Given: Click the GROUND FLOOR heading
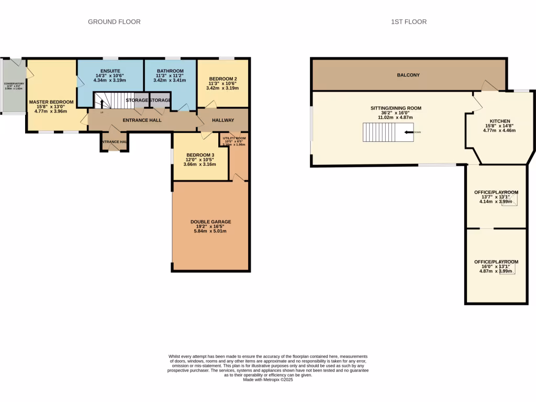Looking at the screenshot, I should (x=114, y=21).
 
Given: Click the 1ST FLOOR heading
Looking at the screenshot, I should (x=409, y=21).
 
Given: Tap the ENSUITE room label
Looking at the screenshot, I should (x=110, y=71).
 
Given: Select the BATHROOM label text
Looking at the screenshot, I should (x=170, y=71).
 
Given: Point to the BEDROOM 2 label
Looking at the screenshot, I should (x=223, y=79).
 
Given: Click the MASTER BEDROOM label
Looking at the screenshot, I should (x=51, y=102).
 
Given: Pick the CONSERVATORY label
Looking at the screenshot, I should (x=14, y=84).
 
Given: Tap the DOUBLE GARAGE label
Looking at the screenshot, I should (x=210, y=222).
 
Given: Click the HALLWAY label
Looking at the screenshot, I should (x=223, y=120).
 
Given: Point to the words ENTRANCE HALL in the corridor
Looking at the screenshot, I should (x=142, y=120).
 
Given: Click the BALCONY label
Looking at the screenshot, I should (x=408, y=75).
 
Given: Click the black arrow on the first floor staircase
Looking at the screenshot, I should (x=407, y=132).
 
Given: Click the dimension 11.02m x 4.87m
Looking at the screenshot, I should (x=396, y=118).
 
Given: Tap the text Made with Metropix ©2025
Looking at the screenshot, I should (x=268, y=379).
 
